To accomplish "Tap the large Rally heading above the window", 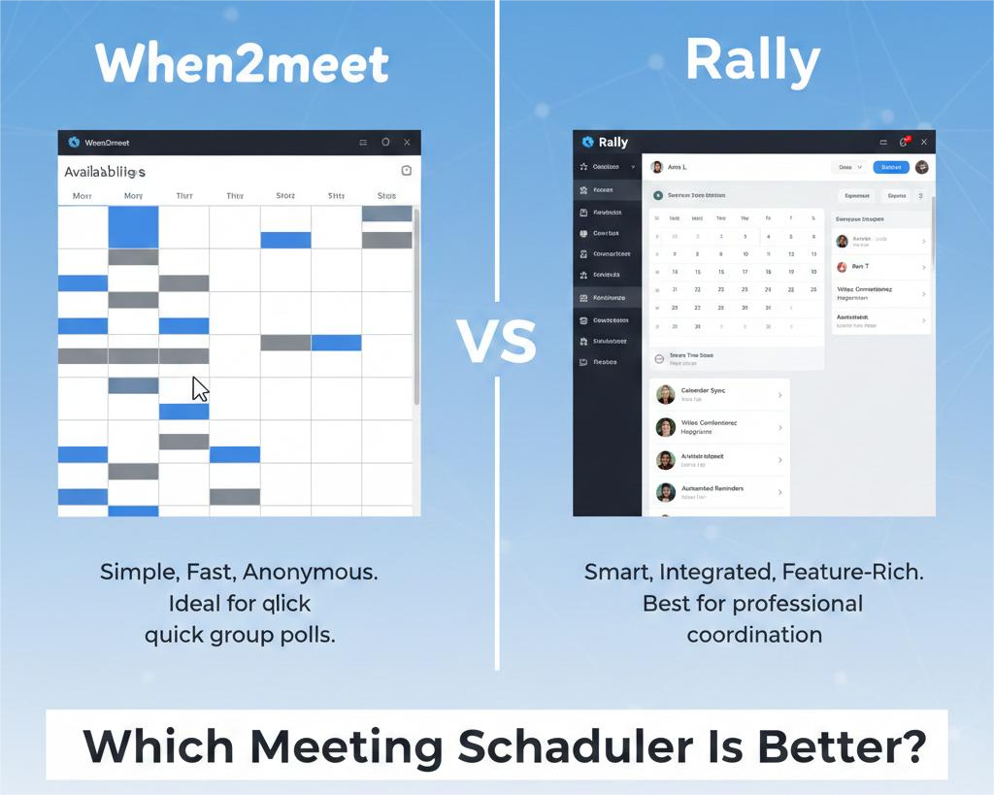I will (x=752, y=60).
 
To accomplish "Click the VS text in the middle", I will (x=496, y=341).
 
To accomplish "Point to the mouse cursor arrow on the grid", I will (x=200, y=388).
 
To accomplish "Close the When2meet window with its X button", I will (x=407, y=143).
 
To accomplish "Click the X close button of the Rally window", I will (x=923, y=143).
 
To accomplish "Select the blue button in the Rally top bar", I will (x=890, y=167).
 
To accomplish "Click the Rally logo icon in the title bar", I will (x=586, y=143).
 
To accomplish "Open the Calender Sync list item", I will (x=717, y=394).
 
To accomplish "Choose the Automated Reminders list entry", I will (x=717, y=492).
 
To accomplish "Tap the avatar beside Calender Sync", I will (x=665, y=394).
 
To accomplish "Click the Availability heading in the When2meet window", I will (x=105, y=172).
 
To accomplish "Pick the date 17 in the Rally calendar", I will (x=745, y=272).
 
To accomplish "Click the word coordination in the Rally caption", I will (x=754, y=635).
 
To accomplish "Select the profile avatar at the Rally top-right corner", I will (x=921, y=167).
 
